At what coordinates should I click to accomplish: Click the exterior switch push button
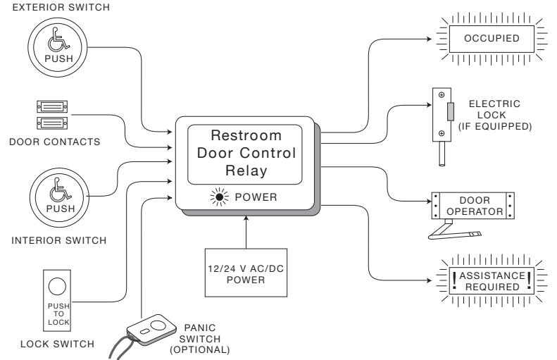point(58,47)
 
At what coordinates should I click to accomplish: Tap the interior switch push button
point(59,197)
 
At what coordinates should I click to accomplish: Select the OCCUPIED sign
point(492,39)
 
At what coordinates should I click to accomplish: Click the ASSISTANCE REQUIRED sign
point(492,281)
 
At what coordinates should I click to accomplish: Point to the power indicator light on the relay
point(220,197)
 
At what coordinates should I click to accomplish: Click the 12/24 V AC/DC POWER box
point(246,273)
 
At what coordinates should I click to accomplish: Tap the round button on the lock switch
point(57,287)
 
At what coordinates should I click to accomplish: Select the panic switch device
point(151,330)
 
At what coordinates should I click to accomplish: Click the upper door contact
point(52,106)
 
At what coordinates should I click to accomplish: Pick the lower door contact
point(52,123)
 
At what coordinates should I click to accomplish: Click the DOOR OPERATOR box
point(472,206)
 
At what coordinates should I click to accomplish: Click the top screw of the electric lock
point(442,95)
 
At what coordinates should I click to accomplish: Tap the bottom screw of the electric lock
point(442,133)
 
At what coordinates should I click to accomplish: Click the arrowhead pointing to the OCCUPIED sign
point(430,39)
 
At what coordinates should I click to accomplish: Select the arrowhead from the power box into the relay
point(246,218)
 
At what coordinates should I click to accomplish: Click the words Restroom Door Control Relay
point(246,153)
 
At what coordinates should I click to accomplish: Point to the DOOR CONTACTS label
point(55,142)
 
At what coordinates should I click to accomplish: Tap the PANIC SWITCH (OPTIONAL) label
point(200,339)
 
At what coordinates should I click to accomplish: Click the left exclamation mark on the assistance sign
point(454,281)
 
